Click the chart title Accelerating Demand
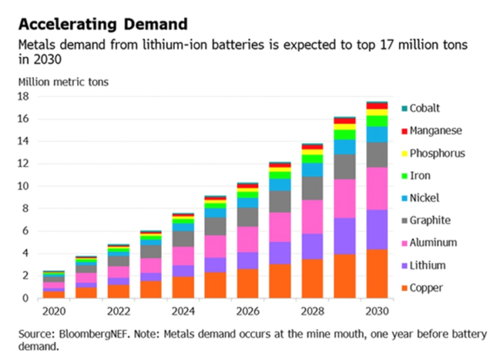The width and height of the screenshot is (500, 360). click(103, 24)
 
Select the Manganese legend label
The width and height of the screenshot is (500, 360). click(436, 130)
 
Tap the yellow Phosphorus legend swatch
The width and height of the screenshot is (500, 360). click(404, 153)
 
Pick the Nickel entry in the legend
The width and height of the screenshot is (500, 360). click(424, 198)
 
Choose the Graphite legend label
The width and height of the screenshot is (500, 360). click(430, 220)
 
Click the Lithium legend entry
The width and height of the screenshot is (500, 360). click(428, 265)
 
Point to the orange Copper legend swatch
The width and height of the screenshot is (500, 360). click(404, 288)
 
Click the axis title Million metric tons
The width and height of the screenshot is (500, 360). click(63, 82)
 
